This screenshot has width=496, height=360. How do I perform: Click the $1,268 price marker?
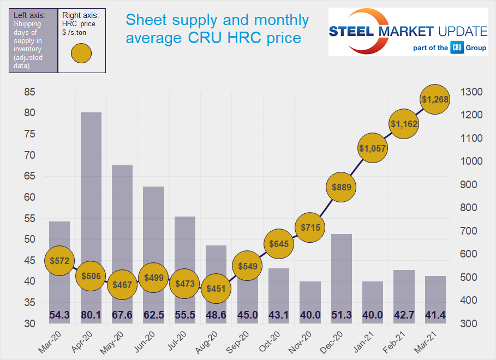[435, 99]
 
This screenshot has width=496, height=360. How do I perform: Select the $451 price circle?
[217, 289]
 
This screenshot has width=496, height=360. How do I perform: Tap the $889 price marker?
[341, 187]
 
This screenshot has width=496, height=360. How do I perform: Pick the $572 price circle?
[59, 261]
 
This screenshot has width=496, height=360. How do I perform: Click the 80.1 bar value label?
[91, 315]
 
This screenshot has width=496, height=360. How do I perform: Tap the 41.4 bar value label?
[435, 315]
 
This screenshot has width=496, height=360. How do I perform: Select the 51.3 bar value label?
[341, 315]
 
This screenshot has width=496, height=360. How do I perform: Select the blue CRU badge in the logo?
[457, 47]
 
